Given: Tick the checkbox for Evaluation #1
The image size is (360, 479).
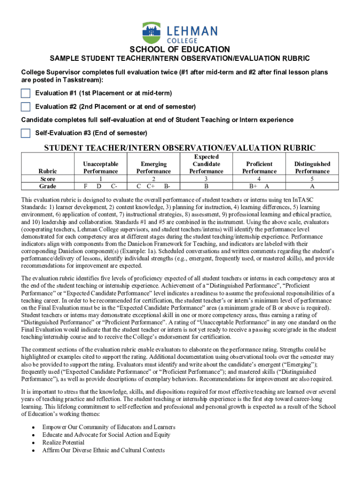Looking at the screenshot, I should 26,93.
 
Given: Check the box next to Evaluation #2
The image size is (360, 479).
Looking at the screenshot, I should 26,107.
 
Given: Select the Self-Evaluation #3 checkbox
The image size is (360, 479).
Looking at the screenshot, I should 26,133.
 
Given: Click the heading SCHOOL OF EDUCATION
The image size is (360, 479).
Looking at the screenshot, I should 180,50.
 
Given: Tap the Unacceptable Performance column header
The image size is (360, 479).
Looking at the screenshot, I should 101,167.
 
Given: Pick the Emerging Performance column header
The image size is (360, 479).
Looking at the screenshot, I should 153,167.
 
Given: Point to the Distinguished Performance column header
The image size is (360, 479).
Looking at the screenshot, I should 312,167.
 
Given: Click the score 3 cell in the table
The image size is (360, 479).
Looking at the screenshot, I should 206,179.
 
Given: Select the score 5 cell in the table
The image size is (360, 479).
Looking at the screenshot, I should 312,179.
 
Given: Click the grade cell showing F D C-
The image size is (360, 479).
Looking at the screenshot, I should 101,186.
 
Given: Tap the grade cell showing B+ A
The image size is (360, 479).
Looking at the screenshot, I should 259,186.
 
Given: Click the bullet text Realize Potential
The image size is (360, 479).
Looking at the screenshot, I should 63,443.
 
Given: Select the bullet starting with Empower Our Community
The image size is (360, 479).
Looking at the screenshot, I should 108,427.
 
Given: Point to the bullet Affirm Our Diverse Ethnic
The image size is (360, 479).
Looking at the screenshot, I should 103,450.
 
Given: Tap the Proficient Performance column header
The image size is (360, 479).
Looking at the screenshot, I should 259,167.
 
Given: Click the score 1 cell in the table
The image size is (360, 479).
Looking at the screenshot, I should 101,179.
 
